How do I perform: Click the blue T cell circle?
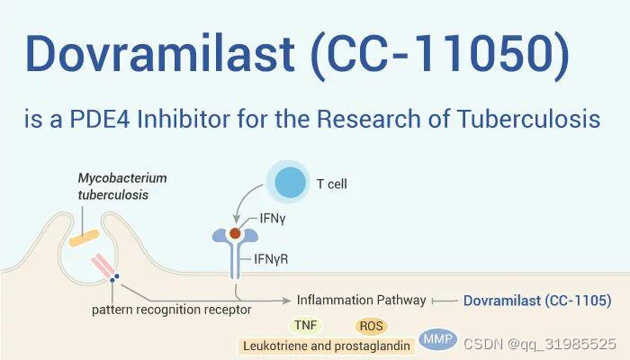pyautogui.click(x=291, y=183)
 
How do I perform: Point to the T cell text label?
pyautogui.click(x=331, y=184)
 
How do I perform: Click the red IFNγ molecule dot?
pyautogui.click(x=235, y=234)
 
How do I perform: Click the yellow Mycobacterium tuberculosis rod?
pyautogui.click(x=85, y=237)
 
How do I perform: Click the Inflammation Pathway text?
pyautogui.click(x=360, y=300)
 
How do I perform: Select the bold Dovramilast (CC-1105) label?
pyautogui.click(x=537, y=300)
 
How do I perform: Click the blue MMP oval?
pyautogui.click(x=438, y=340)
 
